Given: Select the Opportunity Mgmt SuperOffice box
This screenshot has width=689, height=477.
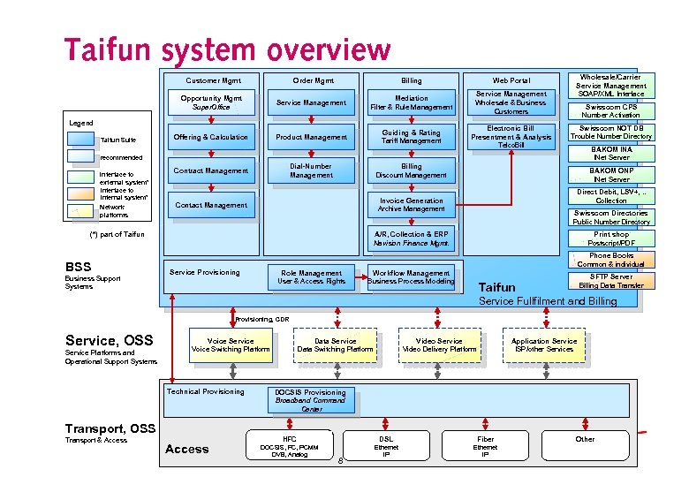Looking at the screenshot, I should tap(211, 102).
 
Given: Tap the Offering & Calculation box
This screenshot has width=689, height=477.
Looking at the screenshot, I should tap(211, 137).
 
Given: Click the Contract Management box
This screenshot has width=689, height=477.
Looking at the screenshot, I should tap(211, 170).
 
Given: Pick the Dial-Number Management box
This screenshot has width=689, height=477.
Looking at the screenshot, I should tap(311, 170).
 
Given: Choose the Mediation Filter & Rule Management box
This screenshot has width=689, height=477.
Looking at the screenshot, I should tap(412, 102).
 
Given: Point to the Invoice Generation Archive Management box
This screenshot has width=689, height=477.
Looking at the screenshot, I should tap(412, 205).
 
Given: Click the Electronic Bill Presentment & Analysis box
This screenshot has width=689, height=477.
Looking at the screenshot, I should tap(511, 137).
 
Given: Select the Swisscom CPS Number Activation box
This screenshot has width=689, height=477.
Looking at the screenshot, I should tap(611, 110).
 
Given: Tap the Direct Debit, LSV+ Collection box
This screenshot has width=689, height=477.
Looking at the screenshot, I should tap(611, 195).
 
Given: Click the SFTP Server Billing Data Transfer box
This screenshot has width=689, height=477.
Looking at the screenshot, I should tap(611, 281).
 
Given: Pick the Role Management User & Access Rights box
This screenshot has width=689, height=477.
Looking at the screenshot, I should tap(311, 277).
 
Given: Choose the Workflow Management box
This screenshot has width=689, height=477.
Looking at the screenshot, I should tap(411, 277).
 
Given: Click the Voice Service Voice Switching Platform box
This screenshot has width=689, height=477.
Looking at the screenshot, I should tap(230, 345).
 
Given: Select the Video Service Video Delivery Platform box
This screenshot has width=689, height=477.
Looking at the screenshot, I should tap(439, 345).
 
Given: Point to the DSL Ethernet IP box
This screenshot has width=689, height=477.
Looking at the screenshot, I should tap(386, 446).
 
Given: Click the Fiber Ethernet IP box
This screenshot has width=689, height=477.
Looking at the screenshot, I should tap(485, 446).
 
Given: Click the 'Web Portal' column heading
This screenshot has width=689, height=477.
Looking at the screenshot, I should tap(511, 80).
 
